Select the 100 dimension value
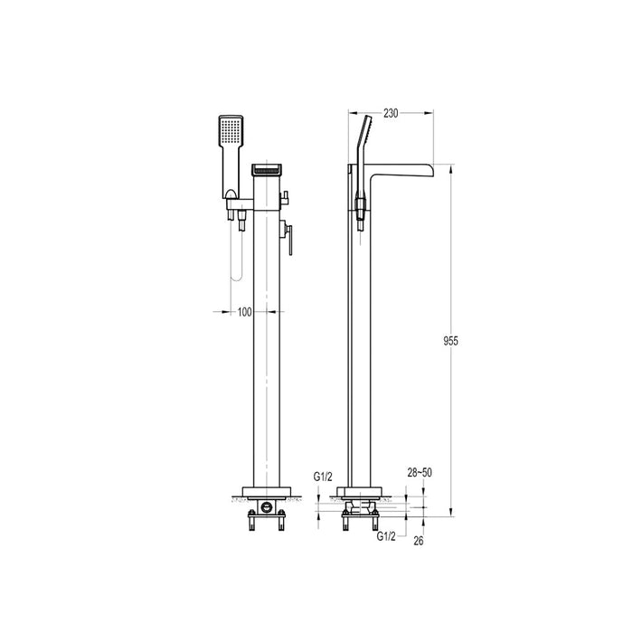tap(245, 312)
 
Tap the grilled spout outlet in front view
tap(267, 169)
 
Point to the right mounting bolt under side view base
tap(373, 523)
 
